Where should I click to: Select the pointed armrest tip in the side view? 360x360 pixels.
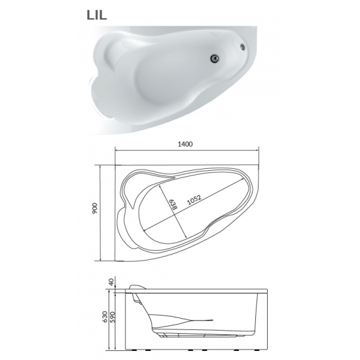click(213, 319)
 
